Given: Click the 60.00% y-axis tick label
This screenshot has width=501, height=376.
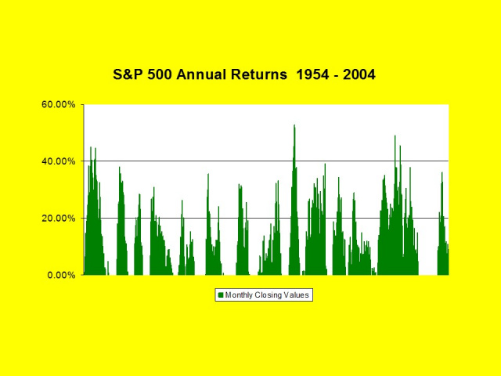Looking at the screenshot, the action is (59, 104).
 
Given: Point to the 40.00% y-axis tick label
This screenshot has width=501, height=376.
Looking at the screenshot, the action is (59, 161).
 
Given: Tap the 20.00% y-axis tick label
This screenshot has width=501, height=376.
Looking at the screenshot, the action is (59, 218).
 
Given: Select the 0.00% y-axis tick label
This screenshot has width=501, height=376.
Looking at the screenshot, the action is (61, 275).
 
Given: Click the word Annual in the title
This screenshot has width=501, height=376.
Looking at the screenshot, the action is (200, 74).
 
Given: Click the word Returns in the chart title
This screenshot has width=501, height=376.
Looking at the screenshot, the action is (259, 74).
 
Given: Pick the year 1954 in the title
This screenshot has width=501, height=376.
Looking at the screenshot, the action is (312, 74).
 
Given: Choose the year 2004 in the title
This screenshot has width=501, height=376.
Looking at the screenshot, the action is (359, 74).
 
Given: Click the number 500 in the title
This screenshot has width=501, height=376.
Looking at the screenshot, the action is (160, 74).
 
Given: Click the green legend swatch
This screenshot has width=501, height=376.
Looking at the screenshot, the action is (221, 295).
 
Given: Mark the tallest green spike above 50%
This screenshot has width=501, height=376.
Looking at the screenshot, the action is (294, 125).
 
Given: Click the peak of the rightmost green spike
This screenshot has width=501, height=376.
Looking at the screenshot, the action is (442, 172).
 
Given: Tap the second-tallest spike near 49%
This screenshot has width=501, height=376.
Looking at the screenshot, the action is (395, 136).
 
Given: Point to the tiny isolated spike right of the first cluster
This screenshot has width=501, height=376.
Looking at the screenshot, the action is (108, 262).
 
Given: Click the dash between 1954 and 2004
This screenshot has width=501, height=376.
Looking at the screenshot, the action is (336, 76).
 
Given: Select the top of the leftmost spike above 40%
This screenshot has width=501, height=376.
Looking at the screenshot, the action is (91, 147).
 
